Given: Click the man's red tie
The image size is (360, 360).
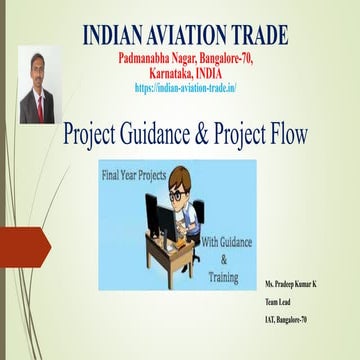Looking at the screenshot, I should pos(38,106).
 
